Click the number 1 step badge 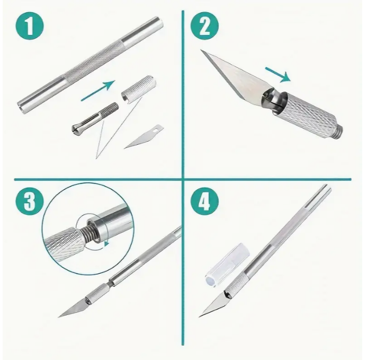point(30,26)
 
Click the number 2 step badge point(204,26)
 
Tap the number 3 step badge point(30,202)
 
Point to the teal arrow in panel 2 point(278,75)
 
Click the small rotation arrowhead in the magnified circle point(107,244)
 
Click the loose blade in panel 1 point(144,136)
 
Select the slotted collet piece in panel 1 point(94,116)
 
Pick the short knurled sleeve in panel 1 point(139,89)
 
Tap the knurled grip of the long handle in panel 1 point(94,62)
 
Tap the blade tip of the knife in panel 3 point(58,317)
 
